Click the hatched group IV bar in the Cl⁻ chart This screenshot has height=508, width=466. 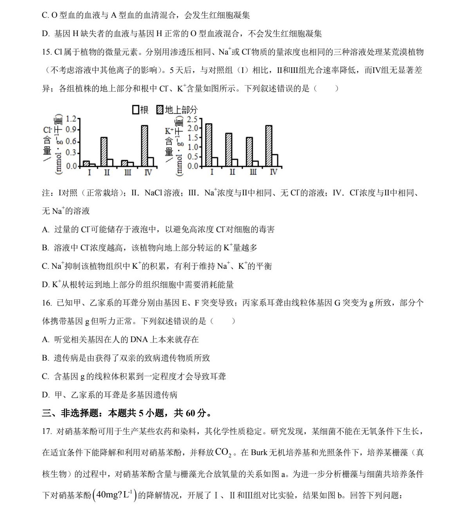pyautogui.click(x=145, y=146)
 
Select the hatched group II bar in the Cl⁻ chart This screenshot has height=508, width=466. pyautogui.click(x=104, y=151)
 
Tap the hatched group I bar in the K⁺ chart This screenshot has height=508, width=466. pyautogui.click(x=209, y=145)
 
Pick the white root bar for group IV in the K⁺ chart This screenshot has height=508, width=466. pyautogui.click(x=275, y=160)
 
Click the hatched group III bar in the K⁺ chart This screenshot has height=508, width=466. pyautogui.click(x=249, y=151)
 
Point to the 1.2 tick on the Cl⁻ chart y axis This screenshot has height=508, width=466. pyautogui.click(x=71, y=118)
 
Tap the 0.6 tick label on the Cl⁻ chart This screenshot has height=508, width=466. pyautogui.click(x=71, y=141)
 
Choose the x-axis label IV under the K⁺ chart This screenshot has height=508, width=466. pyautogui.click(x=274, y=173)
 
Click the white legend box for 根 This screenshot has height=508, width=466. pyautogui.click(x=136, y=110)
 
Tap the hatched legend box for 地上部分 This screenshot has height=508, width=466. pyautogui.click(x=160, y=110)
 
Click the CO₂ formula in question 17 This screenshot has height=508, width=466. pyautogui.click(x=223, y=452)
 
